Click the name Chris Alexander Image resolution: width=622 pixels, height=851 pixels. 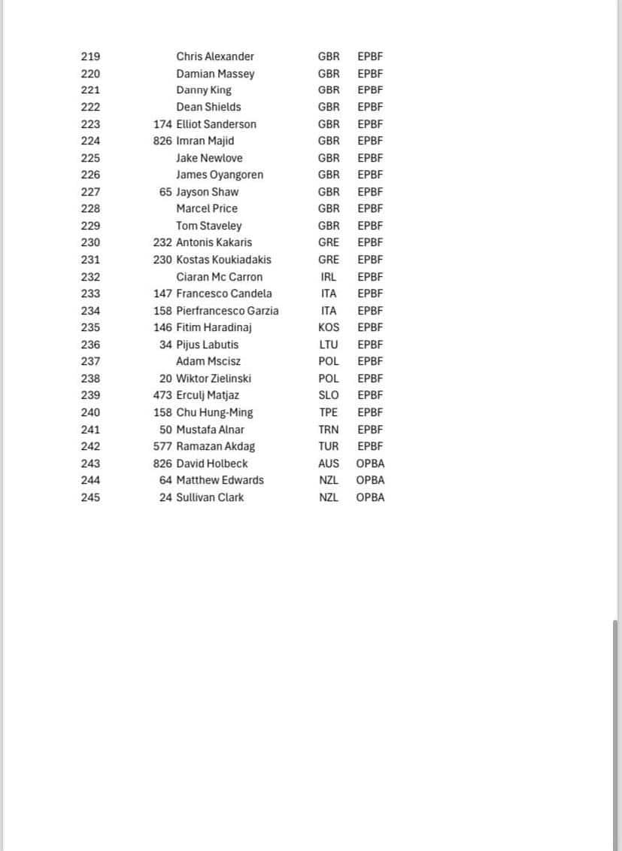tap(214, 56)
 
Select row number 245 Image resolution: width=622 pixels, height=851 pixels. tap(90, 497)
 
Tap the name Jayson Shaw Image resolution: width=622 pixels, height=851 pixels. tap(207, 192)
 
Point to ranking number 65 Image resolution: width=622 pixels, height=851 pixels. tap(165, 192)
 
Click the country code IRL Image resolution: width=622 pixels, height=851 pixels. tap(329, 277)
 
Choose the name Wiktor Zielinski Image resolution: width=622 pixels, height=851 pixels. tap(214, 378)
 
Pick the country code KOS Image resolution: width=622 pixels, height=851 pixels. tap(329, 327)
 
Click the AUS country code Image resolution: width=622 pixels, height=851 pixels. tap(329, 463)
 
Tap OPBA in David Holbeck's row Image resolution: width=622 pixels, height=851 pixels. tap(370, 463)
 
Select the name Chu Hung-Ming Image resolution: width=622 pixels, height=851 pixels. tap(214, 412)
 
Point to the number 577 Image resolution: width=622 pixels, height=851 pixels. tap(162, 446)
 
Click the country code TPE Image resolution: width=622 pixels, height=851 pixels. tap(329, 412)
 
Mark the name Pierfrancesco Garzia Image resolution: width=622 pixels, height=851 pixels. tap(227, 311)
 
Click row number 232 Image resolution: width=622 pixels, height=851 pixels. tap(90, 277)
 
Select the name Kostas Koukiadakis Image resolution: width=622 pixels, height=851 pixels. tap(223, 260)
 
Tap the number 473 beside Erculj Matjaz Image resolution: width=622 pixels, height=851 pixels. tap(162, 395)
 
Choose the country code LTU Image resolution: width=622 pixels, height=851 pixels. tap(329, 345)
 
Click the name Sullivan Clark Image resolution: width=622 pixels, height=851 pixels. tap(210, 497)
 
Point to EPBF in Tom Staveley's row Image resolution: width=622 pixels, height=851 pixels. tap(370, 226)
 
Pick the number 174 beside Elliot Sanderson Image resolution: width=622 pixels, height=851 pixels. tap(162, 124)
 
